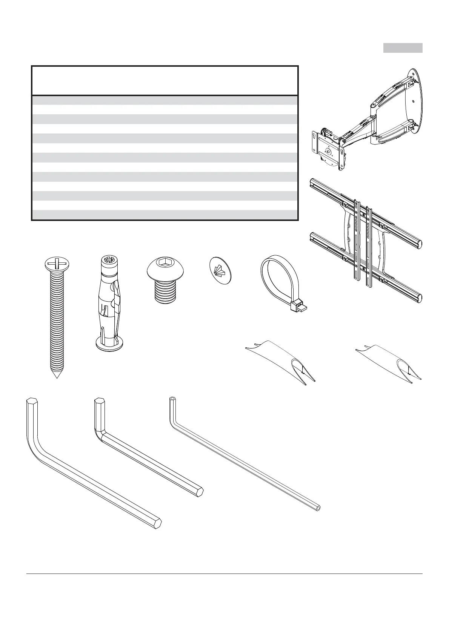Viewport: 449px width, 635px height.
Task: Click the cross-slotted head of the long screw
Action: click(x=57, y=262)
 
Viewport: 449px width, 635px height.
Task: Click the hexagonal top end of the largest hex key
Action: click(x=32, y=400)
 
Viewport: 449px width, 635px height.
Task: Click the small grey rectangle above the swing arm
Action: click(x=403, y=48)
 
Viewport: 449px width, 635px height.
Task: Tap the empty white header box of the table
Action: click(x=165, y=81)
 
